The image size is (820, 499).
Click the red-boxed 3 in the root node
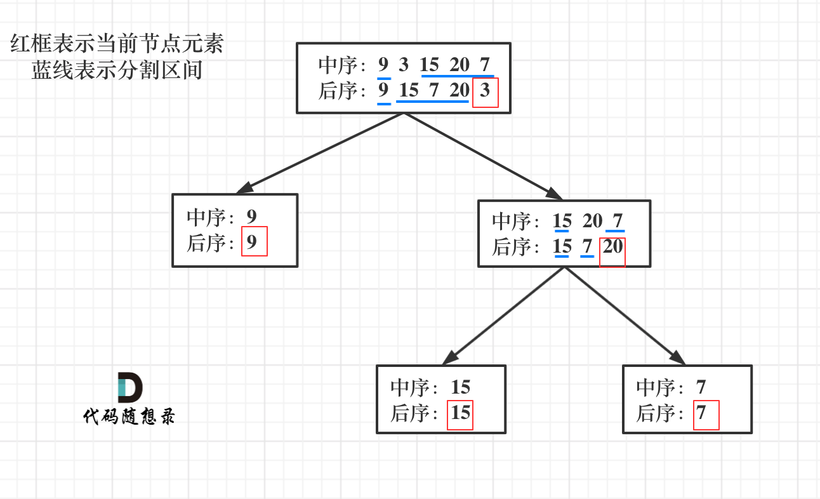coord(486,91)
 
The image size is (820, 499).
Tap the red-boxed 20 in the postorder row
coord(613,246)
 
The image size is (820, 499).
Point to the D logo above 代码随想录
coord(129,388)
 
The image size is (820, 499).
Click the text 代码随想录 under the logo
coord(129,416)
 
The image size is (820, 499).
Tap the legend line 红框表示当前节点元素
coord(117,45)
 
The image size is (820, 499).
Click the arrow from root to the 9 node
coord(321,153)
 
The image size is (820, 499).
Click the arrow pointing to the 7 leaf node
coord(625,316)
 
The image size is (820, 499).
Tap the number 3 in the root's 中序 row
coord(404,65)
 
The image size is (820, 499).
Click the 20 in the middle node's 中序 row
coord(592,221)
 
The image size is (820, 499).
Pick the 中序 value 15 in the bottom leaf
coord(460,387)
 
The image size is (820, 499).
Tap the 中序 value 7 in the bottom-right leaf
coord(701,387)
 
